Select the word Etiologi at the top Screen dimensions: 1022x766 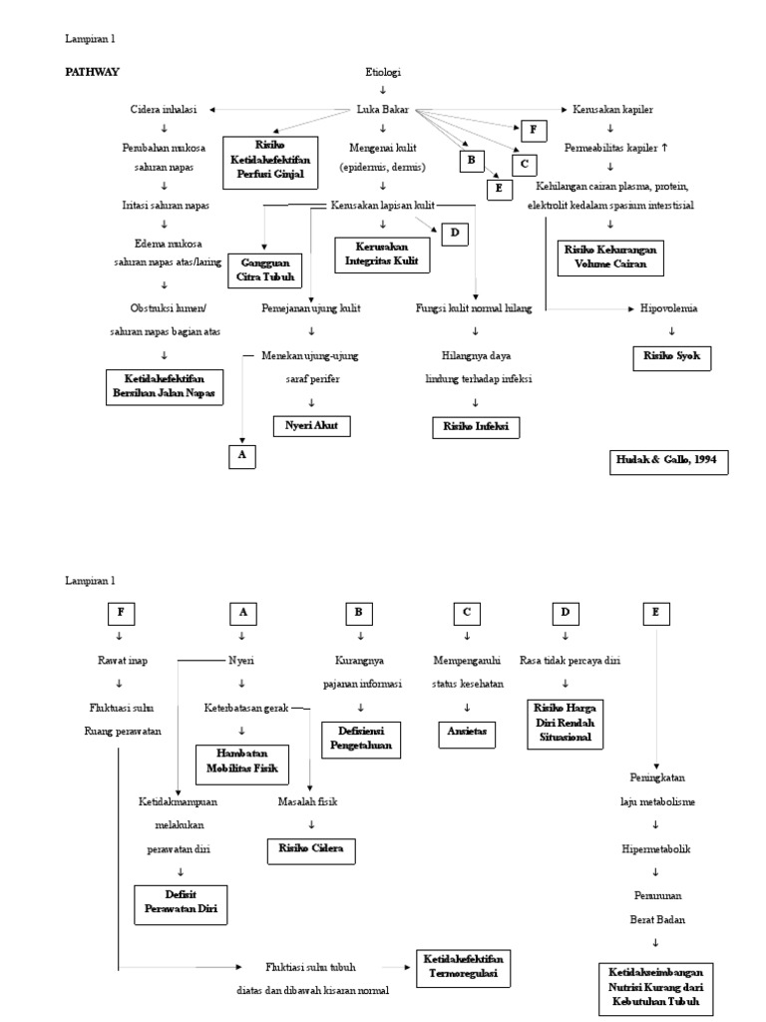tap(383, 73)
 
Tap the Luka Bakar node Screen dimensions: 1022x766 tap(383, 109)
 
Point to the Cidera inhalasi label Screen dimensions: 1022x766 tap(164, 109)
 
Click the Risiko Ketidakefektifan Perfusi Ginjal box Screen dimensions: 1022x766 tap(271, 163)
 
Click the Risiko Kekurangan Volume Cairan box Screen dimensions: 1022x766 tap(610, 257)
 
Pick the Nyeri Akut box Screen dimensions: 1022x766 tap(313, 426)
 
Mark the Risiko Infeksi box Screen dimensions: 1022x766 tap(476, 426)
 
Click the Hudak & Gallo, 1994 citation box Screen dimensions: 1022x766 tap(667, 461)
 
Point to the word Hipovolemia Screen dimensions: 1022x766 tap(669, 308)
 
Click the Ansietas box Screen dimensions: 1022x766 tap(467, 732)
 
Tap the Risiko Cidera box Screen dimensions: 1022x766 tap(311, 850)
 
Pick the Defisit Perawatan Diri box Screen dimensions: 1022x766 tap(182, 904)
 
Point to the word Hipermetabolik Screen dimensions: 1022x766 tap(655, 848)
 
